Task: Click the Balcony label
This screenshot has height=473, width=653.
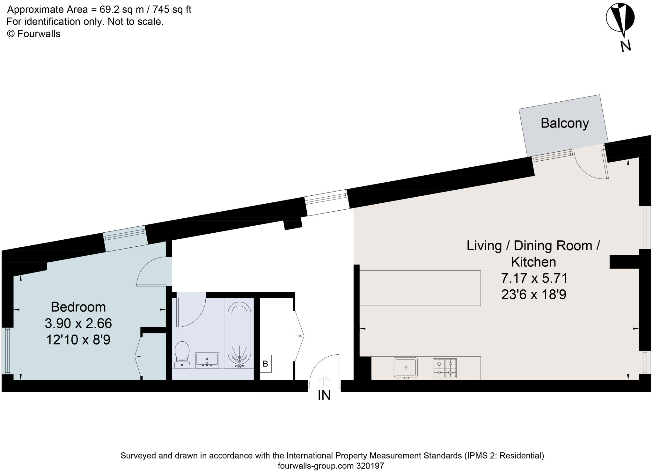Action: pos(564,123)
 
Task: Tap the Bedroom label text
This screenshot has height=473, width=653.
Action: pos(78,307)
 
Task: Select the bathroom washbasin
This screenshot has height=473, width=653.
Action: pos(207,360)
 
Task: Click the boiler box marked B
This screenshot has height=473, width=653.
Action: pos(265,363)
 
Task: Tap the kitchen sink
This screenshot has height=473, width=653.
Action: pos(406,367)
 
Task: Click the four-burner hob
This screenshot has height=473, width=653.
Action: pos(444,368)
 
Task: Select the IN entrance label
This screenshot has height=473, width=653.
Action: pos(324,396)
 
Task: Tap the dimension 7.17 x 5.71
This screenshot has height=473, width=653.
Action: pos(534,278)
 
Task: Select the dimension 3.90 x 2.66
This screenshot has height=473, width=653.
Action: pos(78,324)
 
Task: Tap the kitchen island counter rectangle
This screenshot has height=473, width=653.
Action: pos(420,288)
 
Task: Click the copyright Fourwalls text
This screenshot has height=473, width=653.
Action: pos(34,34)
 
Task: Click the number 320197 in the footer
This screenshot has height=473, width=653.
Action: pos(370,466)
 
